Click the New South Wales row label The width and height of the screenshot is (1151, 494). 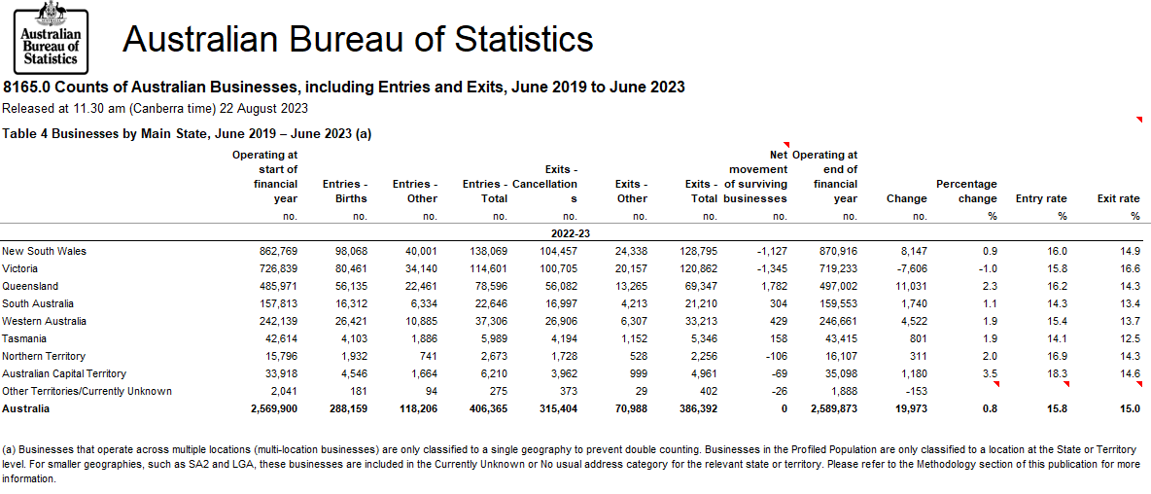pyautogui.click(x=44, y=251)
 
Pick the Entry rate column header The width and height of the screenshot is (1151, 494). pyautogui.click(x=1041, y=198)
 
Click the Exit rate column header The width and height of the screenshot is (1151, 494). pyautogui.click(x=1118, y=198)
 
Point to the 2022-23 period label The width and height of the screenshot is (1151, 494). pyautogui.click(x=571, y=233)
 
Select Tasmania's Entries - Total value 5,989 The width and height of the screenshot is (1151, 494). pyautogui.click(x=492, y=338)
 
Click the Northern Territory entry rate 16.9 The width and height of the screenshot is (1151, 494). pyautogui.click(x=1055, y=356)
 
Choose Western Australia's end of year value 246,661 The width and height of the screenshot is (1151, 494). pyautogui.click(x=835, y=321)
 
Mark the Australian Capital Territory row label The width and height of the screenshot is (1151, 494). pyautogui.click(x=64, y=373)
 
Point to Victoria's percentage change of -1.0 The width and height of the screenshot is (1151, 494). pyautogui.click(x=987, y=268)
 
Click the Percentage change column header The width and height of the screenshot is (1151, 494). pyautogui.click(x=966, y=192)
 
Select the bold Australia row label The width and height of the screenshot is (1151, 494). pyautogui.click(x=25, y=408)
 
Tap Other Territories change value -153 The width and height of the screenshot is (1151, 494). pyautogui.click(x=916, y=391)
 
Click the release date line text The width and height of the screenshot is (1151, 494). pyautogui.click(x=156, y=108)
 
